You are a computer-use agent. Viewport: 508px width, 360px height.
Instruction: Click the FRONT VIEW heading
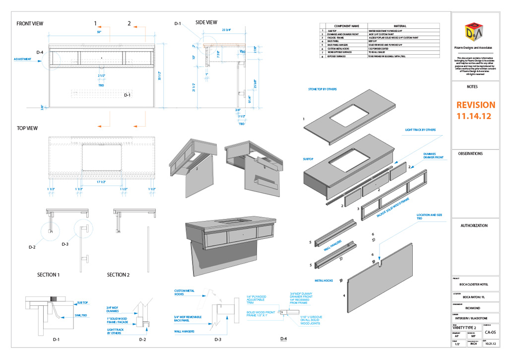30,24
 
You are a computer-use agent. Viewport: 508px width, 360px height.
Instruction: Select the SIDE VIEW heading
206,22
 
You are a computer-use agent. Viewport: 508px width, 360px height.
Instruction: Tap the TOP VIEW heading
27,128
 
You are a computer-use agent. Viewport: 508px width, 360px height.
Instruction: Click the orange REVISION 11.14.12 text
475,110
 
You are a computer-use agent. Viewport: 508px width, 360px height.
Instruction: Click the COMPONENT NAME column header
346,25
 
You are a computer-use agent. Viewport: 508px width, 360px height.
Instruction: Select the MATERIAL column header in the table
400,25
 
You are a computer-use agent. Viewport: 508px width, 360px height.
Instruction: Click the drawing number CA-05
491,332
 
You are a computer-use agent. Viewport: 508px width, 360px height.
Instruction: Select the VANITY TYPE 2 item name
464,328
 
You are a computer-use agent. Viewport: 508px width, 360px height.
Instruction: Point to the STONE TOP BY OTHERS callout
323,89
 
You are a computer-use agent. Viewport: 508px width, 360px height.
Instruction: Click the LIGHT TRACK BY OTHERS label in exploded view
420,130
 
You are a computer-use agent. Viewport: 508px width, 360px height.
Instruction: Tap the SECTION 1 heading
48,275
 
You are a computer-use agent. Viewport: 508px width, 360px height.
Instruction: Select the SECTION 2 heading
118,275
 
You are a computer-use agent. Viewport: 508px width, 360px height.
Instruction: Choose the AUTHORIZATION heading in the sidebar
474,225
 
